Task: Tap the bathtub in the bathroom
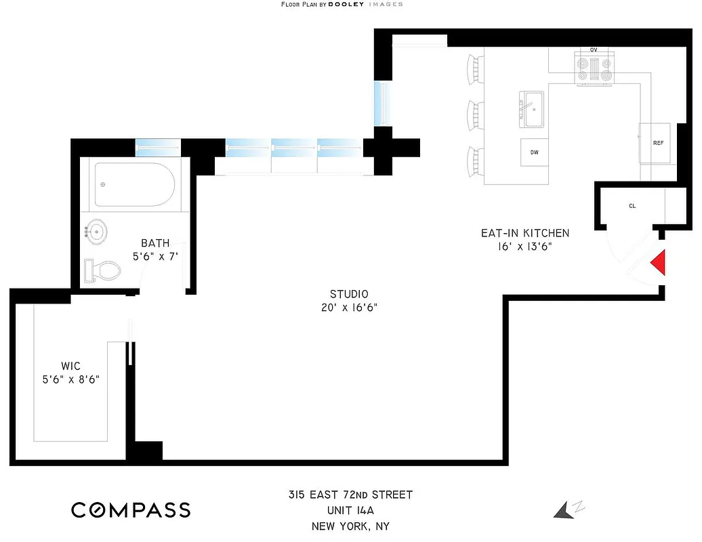point(134,184)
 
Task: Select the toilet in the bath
point(101,271)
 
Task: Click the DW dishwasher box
point(535,152)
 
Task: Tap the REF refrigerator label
point(657,144)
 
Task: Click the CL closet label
point(632,205)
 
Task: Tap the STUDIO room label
point(349,294)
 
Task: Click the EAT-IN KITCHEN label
point(525,233)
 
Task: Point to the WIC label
point(70,366)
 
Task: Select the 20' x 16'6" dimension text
point(349,308)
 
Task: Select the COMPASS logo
point(131,509)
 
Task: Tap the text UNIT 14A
point(350,510)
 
